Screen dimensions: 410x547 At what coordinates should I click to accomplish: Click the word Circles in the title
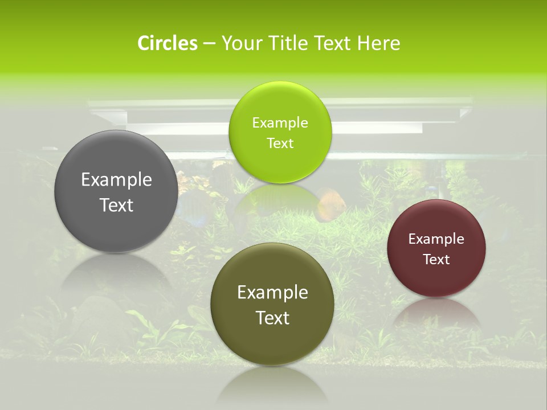168,43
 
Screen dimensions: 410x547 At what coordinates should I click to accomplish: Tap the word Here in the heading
378,43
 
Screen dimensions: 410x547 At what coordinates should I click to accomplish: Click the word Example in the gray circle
116,180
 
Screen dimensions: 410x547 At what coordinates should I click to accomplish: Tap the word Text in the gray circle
116,205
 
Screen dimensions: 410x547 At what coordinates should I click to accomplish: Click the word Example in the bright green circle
280,123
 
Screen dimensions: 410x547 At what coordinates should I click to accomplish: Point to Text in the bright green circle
280,143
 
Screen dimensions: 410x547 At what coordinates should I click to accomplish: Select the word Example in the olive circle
272,293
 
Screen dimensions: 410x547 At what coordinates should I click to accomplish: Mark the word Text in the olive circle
272,318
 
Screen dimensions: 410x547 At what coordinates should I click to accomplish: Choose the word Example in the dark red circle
436,239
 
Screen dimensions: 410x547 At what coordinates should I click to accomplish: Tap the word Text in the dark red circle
436,260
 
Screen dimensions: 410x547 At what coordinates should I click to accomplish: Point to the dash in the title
209,44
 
